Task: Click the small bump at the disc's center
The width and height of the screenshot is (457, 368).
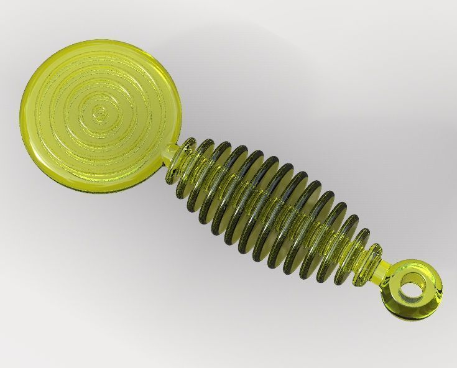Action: coord(99,113)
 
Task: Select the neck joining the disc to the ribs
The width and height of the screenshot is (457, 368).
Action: coord(170,153)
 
